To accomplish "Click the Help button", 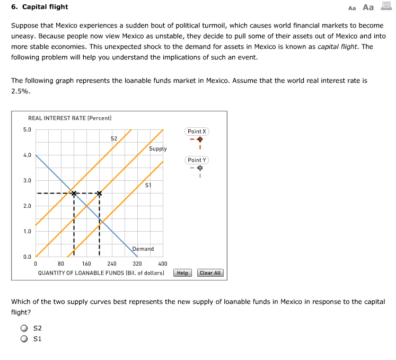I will (182, 273).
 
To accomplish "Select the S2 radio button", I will (24, 329).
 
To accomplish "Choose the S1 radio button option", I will (24, 339).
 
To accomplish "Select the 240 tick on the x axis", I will (112, 264).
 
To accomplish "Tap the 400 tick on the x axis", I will (163, 264).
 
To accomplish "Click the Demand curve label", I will (143, 249).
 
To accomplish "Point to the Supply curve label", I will (158, 149).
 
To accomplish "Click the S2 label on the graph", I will (113, 138).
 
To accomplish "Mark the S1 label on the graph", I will (148, 185).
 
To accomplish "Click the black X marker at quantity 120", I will (74, 194).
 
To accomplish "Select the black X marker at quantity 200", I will (99, 194).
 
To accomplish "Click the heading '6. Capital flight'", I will (40, 7).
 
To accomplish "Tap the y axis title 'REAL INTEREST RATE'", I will (69, 118).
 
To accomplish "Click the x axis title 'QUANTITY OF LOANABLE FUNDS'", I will (101, 273).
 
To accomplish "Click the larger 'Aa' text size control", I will (368, 7).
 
